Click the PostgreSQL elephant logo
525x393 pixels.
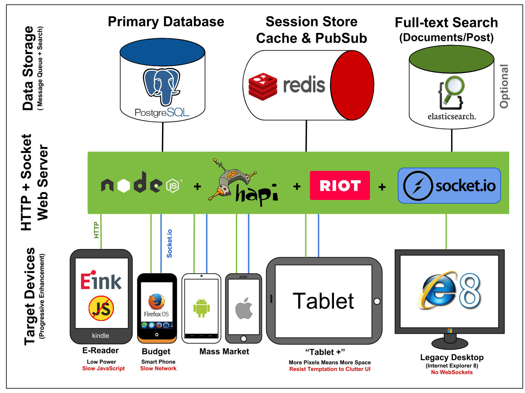162,87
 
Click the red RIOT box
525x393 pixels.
340,185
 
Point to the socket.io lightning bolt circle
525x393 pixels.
418,186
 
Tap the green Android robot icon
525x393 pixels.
201,307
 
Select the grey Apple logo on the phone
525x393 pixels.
244,308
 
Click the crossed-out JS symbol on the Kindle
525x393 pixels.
101,308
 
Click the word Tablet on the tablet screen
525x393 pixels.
323,301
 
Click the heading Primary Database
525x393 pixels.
166,22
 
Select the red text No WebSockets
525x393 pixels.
452,372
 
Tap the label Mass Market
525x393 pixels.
224,351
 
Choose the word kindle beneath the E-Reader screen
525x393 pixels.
100,335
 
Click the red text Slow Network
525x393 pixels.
158,368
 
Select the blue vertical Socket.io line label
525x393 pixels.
170,243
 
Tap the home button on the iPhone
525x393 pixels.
244,339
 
